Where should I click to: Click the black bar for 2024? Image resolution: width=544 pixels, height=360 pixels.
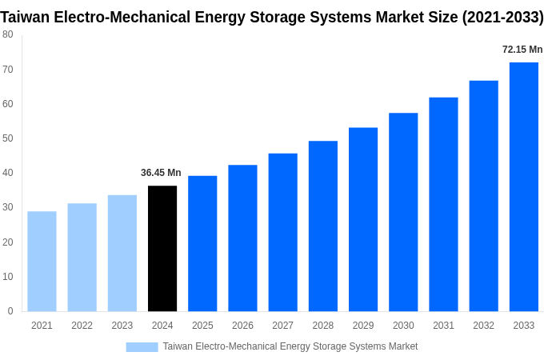coord(162,249)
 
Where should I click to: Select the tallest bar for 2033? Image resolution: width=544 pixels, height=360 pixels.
coord(524,187)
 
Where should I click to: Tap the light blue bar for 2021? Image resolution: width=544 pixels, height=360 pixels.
coord(42,262)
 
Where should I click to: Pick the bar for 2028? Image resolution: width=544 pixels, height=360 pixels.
coord(323,226)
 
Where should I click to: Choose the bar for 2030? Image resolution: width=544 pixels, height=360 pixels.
coord(403,212)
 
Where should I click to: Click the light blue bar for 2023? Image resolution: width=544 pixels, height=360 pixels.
coord(122,254)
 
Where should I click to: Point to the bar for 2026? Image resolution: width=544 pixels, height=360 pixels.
coord(242,238)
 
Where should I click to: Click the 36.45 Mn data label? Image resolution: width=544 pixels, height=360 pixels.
coord(161,173)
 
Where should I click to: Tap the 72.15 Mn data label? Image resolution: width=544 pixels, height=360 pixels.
coord(522,50)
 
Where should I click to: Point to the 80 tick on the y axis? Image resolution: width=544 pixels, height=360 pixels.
coord(7,34)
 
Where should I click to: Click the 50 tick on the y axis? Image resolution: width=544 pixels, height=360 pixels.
coord(7,138)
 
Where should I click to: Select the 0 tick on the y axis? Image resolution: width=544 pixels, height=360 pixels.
coord(10,311)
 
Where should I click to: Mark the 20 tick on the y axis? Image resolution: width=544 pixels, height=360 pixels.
coord(7,242)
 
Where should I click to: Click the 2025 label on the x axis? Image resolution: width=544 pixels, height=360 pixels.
coord(202,326)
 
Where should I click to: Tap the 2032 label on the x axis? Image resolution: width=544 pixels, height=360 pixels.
coord(483,326)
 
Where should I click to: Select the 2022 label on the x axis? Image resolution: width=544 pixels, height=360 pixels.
coord(82,326)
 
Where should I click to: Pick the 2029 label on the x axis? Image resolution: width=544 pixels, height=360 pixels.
coord(363,326)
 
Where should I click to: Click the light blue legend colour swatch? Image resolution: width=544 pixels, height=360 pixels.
coord(142,347)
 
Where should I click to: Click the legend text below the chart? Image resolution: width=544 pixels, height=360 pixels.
coord(290,346)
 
